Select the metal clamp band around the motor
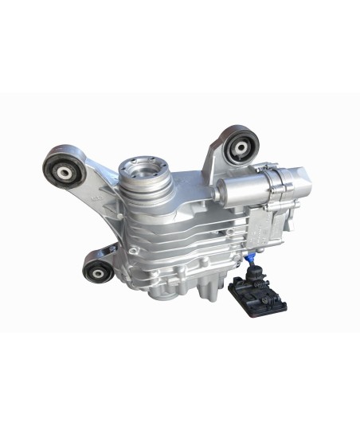pyautogui.click(x=271, y=183)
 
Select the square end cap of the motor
pyautogui.click(x=295, y=178)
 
